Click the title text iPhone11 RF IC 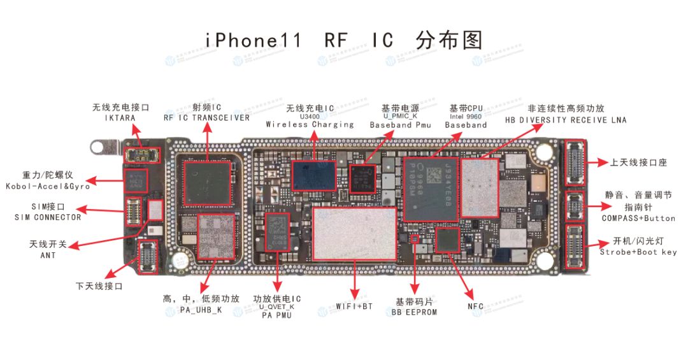(299, 40)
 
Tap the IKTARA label (120, 118)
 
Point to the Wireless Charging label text (310, 125)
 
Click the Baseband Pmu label (400, 125)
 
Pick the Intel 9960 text (467, 117)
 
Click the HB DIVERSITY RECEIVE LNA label (566, 120)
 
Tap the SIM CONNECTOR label (48, 217)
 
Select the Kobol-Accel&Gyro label (48, 186)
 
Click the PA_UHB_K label (201, 310)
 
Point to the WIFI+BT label (354, 307)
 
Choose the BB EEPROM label (414, 312)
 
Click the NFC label (475, 307)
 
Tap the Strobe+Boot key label (638, 252)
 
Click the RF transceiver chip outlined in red (207, 183)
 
